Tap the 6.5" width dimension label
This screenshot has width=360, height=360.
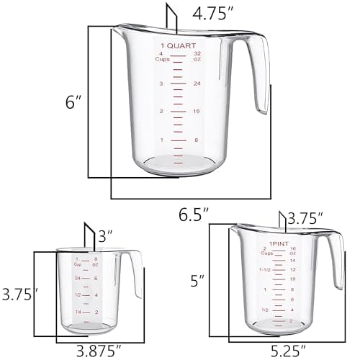coord(194,215)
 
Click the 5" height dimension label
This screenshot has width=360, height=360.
coord(197,279)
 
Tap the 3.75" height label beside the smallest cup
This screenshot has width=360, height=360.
coord(19,294)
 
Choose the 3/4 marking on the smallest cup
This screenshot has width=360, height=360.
coord(76,277)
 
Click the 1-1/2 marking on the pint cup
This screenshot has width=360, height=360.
coord(266,270)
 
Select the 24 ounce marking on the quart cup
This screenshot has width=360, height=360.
coord(197,84)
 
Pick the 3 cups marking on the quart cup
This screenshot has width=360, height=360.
coord(161,84)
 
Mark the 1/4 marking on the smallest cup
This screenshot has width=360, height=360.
coord(76,312)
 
